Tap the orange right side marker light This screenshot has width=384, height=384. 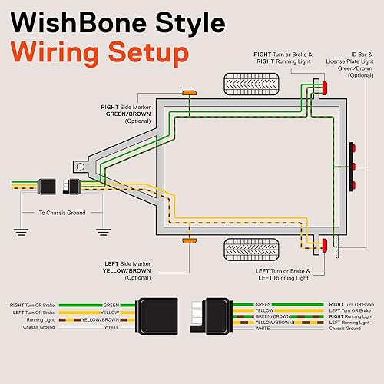188,93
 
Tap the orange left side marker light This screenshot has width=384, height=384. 188,241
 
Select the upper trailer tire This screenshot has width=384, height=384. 245,83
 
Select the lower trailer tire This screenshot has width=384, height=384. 245,250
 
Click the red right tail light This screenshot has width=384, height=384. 324,91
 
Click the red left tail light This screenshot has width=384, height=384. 324,245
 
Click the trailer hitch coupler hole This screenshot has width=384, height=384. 79,166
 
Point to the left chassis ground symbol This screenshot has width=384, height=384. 16,229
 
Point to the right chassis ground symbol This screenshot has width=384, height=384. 100,229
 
